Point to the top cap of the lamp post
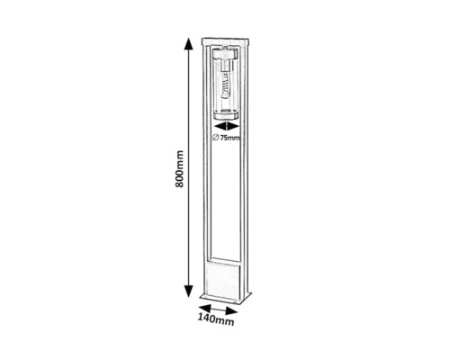[227, 43]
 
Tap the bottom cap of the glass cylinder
[225, 113]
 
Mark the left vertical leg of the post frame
[207, 180]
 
